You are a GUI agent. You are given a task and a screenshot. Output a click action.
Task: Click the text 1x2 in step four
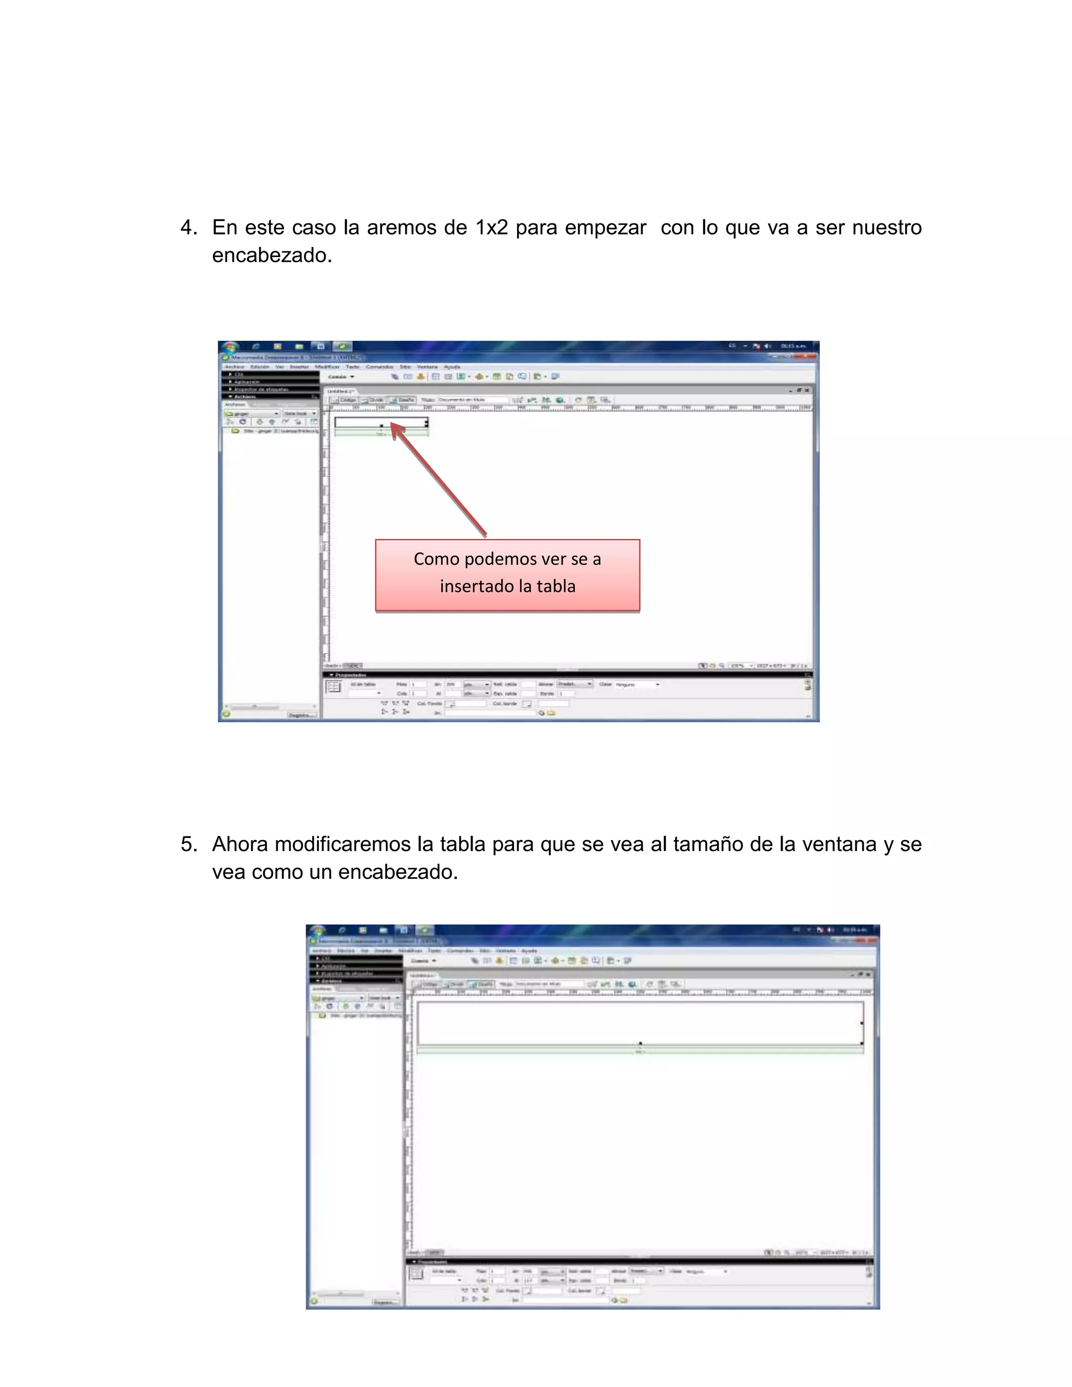click(492, 227)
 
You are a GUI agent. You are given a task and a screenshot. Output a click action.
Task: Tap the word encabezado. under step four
click(272, 255)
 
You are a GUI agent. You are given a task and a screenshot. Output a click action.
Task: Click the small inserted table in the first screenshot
click(381, 422)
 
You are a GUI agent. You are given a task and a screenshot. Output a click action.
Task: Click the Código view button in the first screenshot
click(346, 400)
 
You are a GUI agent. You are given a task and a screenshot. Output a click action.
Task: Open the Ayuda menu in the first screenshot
click(452, 367)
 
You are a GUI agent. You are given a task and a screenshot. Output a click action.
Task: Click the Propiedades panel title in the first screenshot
click(350, 675)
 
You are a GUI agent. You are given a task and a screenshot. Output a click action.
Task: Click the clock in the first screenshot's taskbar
click(792, 346)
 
